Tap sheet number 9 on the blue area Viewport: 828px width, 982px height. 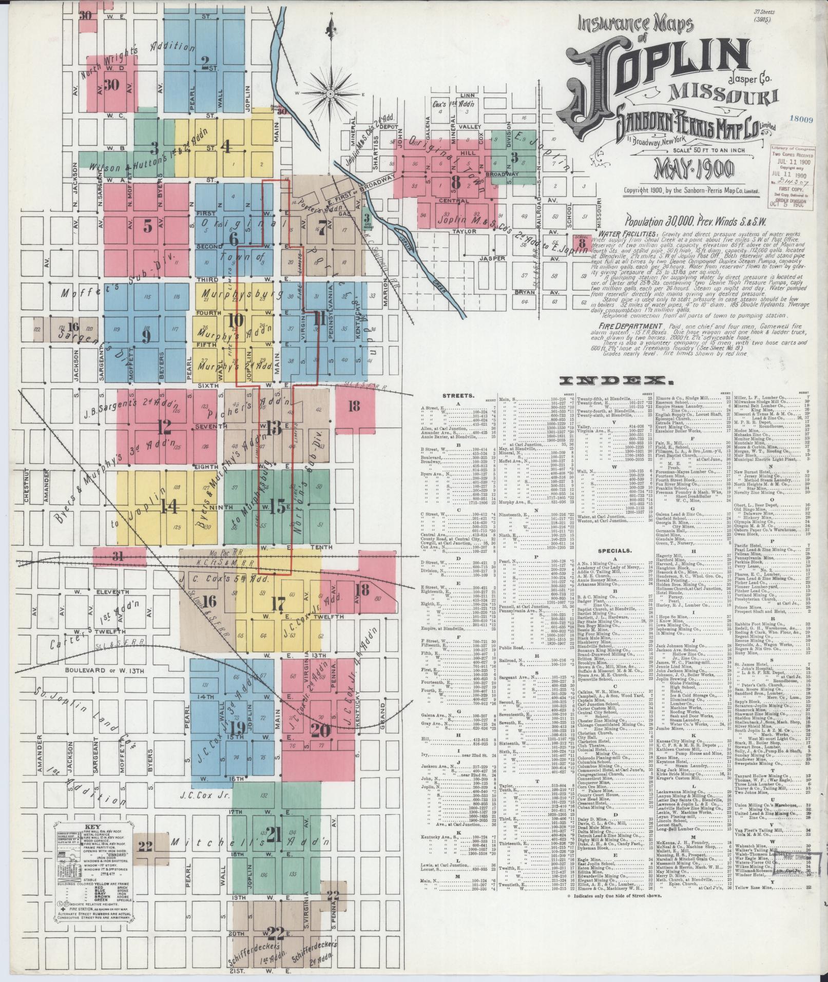pos(146,336)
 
